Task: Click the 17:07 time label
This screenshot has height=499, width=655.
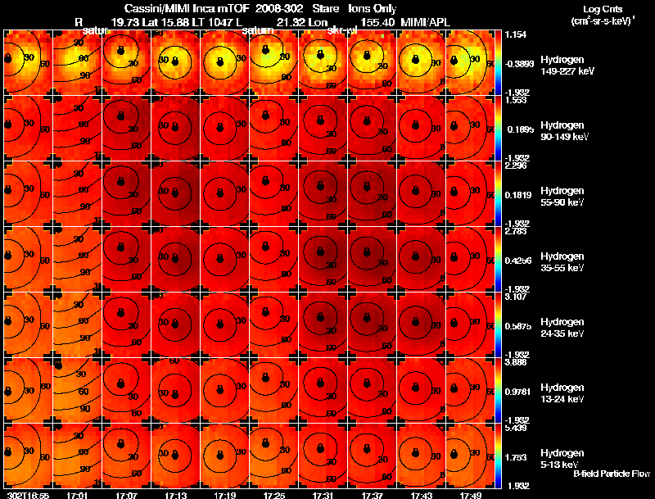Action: pyautogui.click(x=126, y=495)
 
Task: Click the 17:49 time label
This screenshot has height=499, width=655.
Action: pyautogui.click(x=470, y=495)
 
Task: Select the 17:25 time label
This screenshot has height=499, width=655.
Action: pyautogui.click(x=273, y=495)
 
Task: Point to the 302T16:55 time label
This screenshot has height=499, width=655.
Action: pyautogui.click(x=27, y=495)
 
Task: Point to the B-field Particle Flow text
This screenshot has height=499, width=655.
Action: pyautogui.click(x=611, y=474)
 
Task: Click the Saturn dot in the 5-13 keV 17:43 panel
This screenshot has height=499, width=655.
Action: pyautogui.click(x=414, y=445)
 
